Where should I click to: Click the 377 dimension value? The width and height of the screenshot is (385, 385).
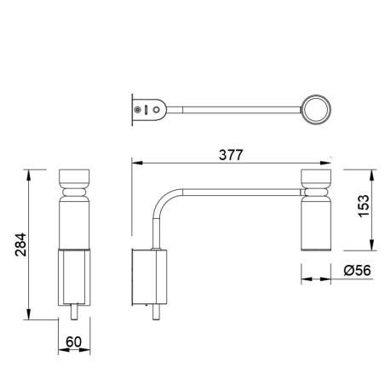pos(231,155)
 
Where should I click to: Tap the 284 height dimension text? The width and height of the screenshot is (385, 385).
pos(20,244)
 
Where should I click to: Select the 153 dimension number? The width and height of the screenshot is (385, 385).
pos(364,206)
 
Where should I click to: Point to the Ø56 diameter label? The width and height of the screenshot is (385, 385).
pos(357,270)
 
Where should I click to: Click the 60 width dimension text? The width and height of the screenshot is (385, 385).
pos(73,342)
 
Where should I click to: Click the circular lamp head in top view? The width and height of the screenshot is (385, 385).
pos(316,110)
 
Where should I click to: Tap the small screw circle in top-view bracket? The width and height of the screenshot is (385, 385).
pos(138,110)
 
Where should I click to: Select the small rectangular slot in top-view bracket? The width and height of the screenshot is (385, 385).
pos(147,110)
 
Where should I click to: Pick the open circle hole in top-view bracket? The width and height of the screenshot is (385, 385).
pos(156,110)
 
